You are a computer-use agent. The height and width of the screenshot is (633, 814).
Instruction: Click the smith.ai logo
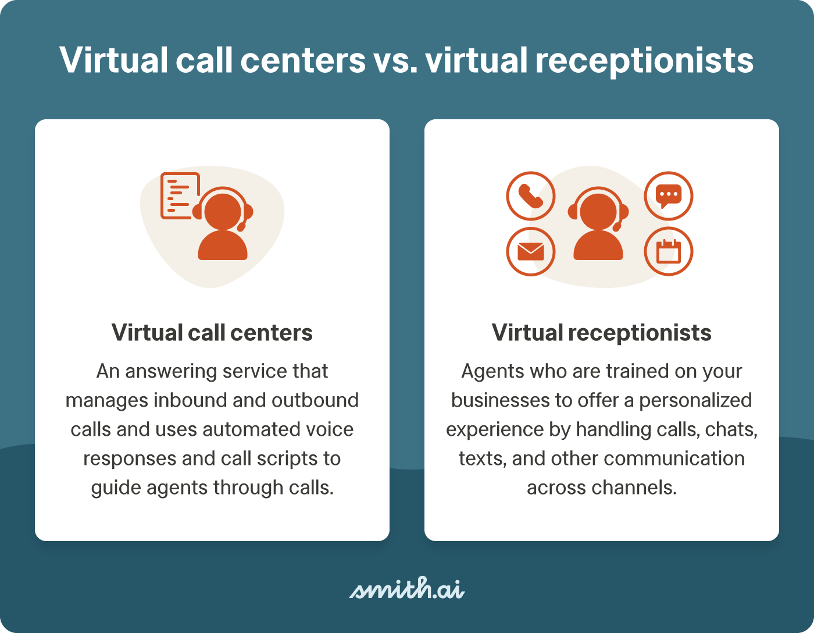(406, 589)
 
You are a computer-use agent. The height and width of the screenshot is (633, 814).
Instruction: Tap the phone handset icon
(530, 196)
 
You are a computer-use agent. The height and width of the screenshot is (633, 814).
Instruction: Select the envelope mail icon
(530, 251)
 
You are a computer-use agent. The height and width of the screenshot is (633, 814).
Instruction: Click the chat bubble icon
(669, 196)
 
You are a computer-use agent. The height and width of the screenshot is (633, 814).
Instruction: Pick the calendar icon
(669, 251)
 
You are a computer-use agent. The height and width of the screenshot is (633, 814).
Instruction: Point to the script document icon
(179, 195)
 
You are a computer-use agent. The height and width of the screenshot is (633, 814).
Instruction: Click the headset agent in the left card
(223, 225)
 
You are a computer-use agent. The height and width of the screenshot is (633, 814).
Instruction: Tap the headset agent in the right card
(598, 225)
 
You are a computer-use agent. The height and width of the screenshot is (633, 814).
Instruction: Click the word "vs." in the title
(395, 61)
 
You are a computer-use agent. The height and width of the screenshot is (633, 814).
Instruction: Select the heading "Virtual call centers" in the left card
(212, 333)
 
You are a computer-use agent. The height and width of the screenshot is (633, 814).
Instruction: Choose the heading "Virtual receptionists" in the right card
(602, 333)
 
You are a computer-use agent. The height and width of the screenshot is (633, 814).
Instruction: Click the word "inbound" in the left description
(190, 400)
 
